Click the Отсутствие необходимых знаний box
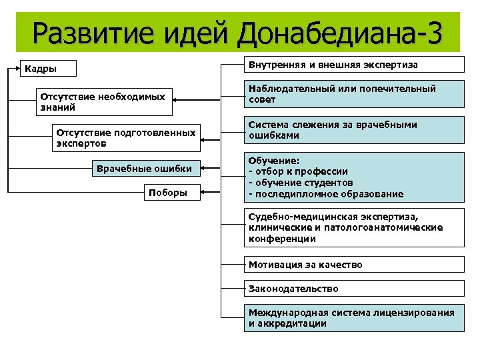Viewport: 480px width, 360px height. tap(104, 102)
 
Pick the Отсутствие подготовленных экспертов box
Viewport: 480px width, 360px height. tap(127, 138)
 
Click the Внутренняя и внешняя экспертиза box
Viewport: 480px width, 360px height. tap(353, 65)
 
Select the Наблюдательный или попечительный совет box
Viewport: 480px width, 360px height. tap(353, 94)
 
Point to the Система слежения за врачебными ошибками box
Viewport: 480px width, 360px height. tap(353, 130)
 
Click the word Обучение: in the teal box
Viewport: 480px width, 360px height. tap(274, 161)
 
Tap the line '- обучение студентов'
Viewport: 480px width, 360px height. tap(301, 183)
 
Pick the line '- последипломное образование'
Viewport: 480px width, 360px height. tap(325, 194)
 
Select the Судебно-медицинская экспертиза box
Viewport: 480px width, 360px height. tap(353, 228)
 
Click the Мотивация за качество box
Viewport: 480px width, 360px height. tap(353, 265)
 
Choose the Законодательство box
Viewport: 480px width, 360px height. tap(353, 289)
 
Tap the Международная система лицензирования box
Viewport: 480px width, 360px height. tap(353, 318)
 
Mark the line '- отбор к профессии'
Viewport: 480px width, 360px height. tap(297, 172)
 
